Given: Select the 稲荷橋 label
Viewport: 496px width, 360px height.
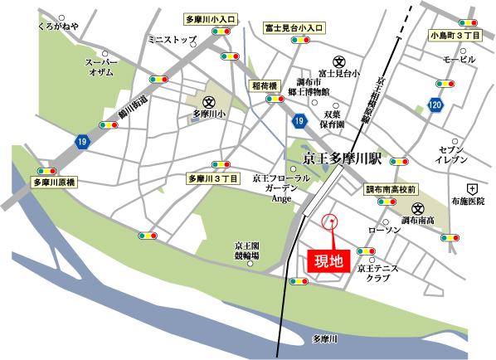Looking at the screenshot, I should pyautogui.click(x=265, y=85).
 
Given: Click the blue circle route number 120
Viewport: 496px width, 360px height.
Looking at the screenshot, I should pyautogui.click(x=435, y=105).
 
